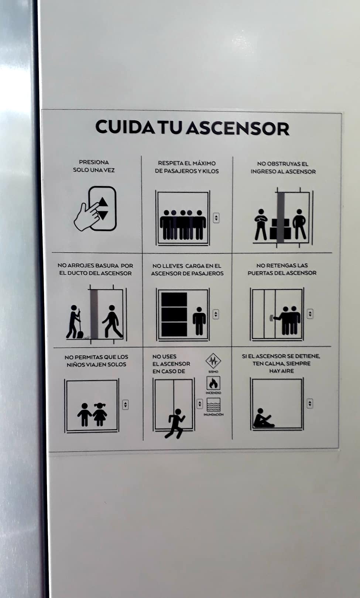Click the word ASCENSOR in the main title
pos(238,128)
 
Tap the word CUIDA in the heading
pos(125,127)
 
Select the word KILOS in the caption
pos(210,171)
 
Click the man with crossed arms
pos(261,224)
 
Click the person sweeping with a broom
pos(75,322)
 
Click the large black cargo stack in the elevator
pos(174,314)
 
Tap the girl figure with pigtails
pos(100,414)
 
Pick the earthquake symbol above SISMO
pos(213,361)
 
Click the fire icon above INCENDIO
pos(213,384)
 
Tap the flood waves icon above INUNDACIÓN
pos(214,405)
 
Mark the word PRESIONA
pos(94,162)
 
